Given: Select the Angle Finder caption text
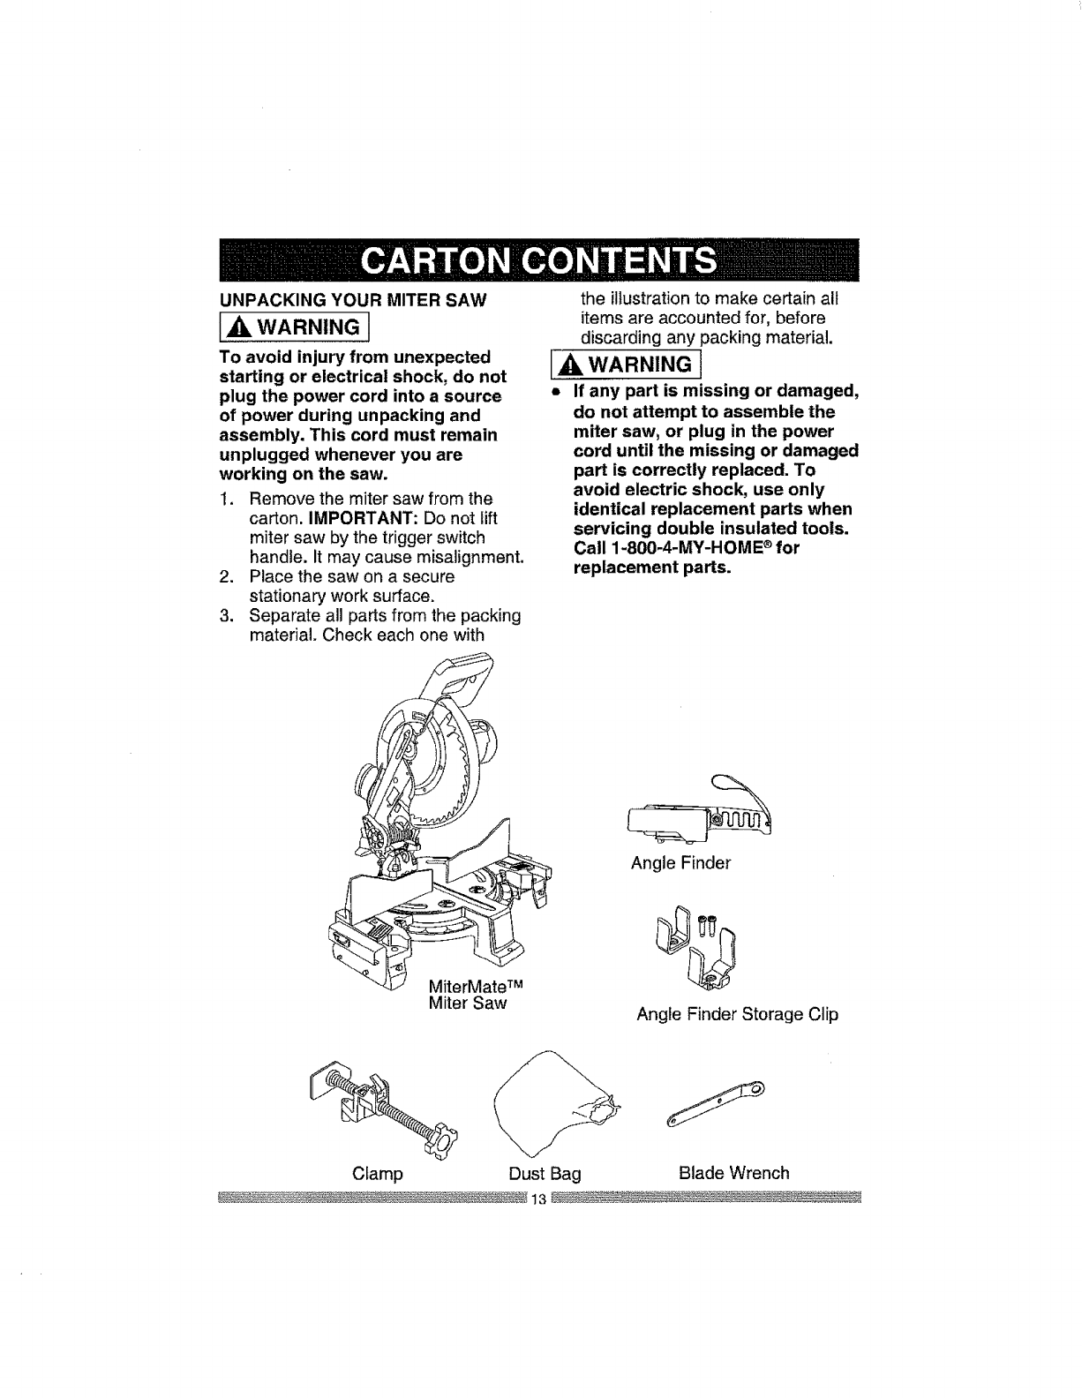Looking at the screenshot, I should pyautogui.click(x=680, y=863).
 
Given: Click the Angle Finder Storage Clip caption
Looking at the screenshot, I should pyautogui.click(x=737, y=1014).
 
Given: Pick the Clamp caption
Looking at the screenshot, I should pyautogui.click(x=377, y=1174).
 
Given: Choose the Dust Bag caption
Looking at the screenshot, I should pyautogui.click(x=545, y=1174).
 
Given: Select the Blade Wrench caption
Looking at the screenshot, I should pyautogui.click(x=733, y=1173).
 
